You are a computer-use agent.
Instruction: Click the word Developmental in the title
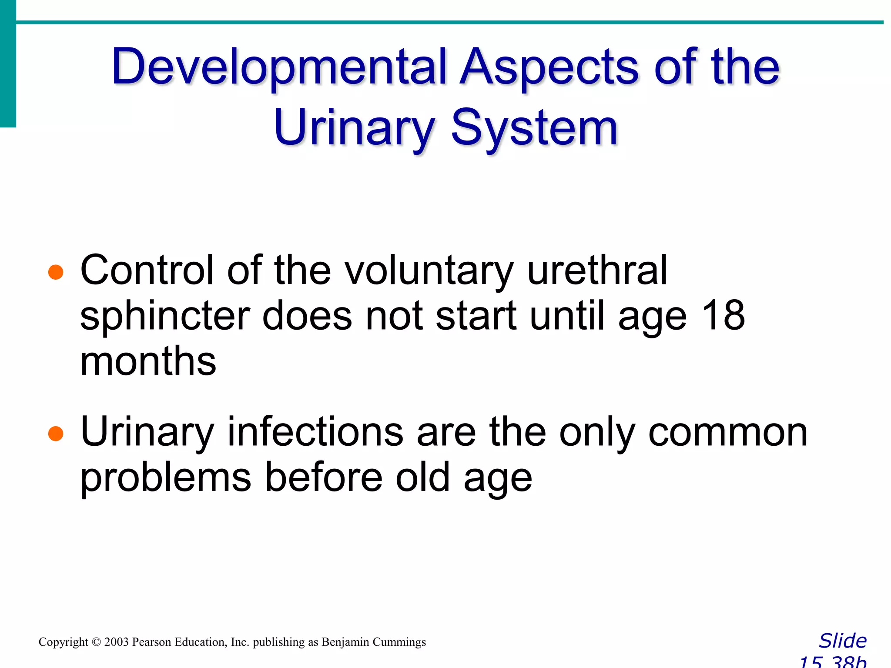click(x=278, y=67)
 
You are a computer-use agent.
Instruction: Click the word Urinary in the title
click(x=354, y=128)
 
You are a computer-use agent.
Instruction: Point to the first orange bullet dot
click(x=56, y=272)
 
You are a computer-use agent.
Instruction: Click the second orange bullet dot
click(x=56, y=433)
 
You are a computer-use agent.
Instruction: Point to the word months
click(x=148, y=362)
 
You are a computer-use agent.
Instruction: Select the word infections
click(x=315, y=431)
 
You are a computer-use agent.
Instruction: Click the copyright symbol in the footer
click(x=96, y=642)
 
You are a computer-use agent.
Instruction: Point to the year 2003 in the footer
click(x=116, y=642)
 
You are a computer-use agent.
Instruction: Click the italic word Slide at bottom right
click(x=843, y=641)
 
